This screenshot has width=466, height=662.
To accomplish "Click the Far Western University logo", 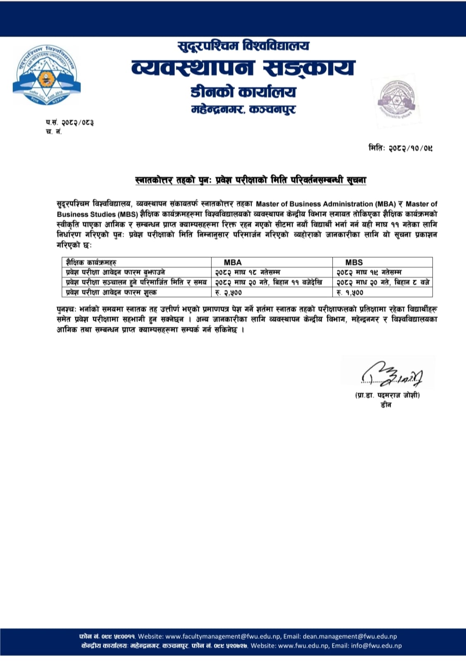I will coord(46,75).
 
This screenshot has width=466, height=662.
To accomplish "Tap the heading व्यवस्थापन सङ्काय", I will coord(243,68).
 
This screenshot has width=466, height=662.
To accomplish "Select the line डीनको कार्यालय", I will coord(243,92).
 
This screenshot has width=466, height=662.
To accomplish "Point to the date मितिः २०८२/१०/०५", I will coord(400,148).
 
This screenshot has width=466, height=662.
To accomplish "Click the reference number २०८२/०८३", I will coord(77,122).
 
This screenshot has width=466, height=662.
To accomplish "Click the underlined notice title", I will coord(251,180).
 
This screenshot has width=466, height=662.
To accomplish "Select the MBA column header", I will coord(233,262).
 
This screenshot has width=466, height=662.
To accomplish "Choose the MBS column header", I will coord(354,262).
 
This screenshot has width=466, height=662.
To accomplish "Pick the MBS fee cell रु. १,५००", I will coord(350,293).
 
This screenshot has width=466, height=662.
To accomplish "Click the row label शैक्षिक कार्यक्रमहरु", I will coord(91,262).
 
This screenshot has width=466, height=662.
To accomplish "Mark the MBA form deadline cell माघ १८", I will coord(247,272).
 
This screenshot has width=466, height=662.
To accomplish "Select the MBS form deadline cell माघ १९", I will coord(369,272).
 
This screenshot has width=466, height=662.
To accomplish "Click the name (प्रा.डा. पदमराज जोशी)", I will coord(387,395).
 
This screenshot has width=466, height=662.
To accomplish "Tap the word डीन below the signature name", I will coord(386,405).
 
